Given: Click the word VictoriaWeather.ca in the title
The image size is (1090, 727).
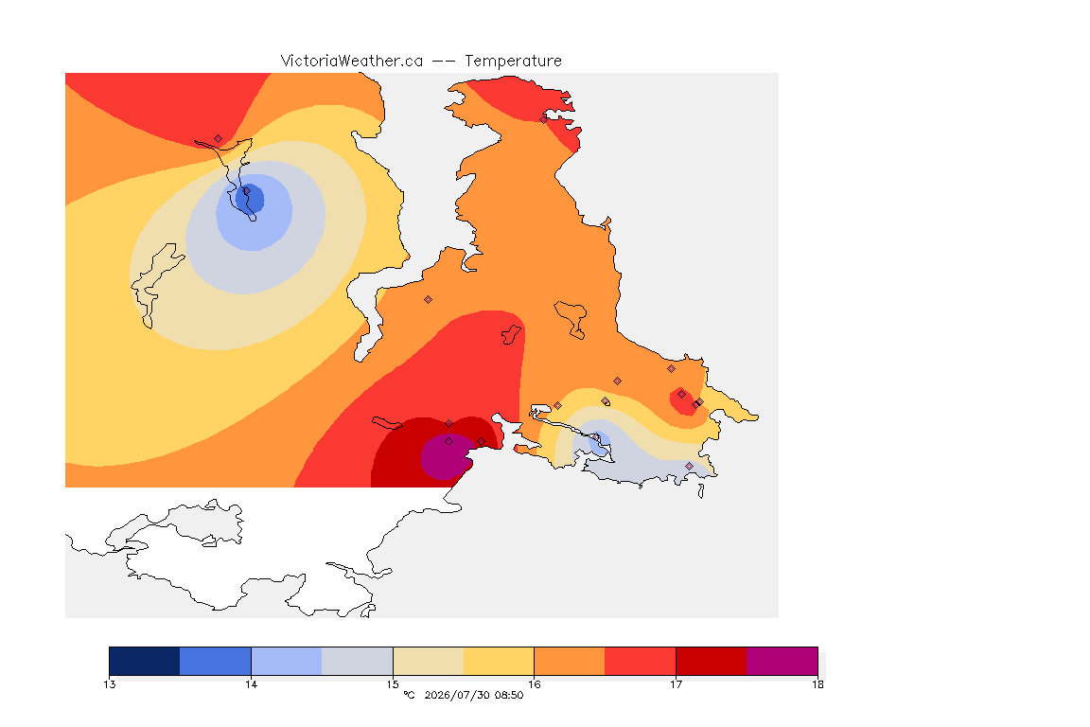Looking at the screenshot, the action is coord(352,62).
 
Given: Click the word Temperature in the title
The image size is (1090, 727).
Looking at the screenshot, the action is coord(513,62).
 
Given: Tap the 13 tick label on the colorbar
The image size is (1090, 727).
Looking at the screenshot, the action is coord(109,684).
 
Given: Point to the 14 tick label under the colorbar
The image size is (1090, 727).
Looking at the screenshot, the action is coord(251,684).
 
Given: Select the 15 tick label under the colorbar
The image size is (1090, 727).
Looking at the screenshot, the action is coord(393,684).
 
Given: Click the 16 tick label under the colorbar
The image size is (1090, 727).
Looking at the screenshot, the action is coord(534,684).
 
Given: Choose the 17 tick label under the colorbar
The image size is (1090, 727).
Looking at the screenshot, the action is coord(676,684).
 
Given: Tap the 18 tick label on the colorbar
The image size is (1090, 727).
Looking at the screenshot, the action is coord(817,684).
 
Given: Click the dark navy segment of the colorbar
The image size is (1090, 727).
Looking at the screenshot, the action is coord(145,661).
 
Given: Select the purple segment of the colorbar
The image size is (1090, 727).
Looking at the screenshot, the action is coord(782,661).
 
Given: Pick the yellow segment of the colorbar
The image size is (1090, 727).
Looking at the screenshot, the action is coord(499,661).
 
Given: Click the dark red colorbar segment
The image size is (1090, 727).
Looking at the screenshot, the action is coord(712,661).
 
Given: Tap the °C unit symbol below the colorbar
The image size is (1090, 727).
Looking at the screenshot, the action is coord(409,695).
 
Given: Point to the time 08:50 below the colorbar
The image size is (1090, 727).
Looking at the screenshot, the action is coord(510,695).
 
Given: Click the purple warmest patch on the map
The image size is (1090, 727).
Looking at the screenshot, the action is coord(445,456).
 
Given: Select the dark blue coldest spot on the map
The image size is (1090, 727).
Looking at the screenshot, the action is coord(250,198).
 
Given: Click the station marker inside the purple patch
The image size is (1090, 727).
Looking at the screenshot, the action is coord(449,442).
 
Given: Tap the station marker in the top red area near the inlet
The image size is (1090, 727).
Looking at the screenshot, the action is coord(544,119).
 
